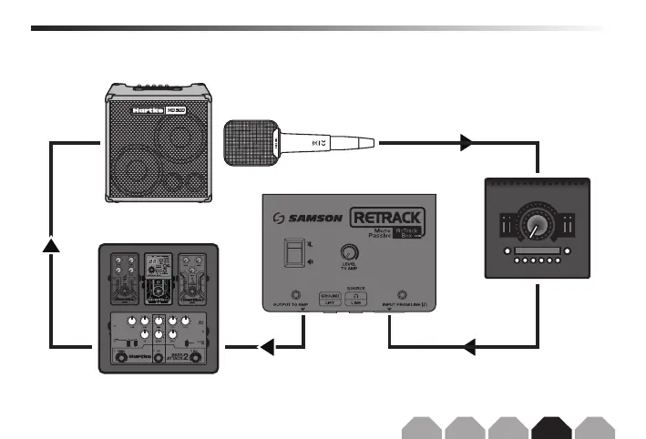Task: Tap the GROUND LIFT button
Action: click(331, 300)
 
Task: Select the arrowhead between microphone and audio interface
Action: click(466, 142)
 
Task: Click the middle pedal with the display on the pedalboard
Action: click(160, 278)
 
